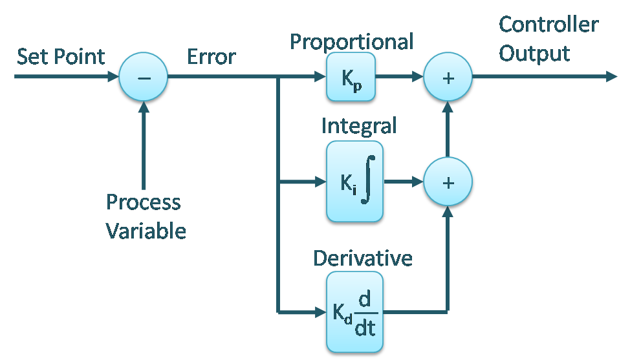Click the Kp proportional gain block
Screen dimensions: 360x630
[351, 78]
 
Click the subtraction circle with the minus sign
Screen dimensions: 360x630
[144, 78]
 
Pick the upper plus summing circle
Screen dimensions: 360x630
[448, 78]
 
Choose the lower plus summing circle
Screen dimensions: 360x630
[448, 182]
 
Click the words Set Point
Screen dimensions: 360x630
[60, 57]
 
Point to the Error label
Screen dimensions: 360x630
[211, 57]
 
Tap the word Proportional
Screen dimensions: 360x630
[351, 41]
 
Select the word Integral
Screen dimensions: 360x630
[358, 125]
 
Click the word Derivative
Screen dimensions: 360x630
[363, 258]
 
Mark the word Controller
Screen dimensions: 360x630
[549, 25]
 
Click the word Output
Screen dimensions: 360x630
[534, 53]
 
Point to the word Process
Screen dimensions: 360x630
[144, 202]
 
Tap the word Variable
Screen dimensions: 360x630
[146, 231]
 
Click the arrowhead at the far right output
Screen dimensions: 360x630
[611, 78]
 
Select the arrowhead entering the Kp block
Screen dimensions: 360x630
[319, 78]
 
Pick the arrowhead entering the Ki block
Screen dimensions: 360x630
[319, 182]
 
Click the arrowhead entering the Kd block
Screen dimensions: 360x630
[319, 313]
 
